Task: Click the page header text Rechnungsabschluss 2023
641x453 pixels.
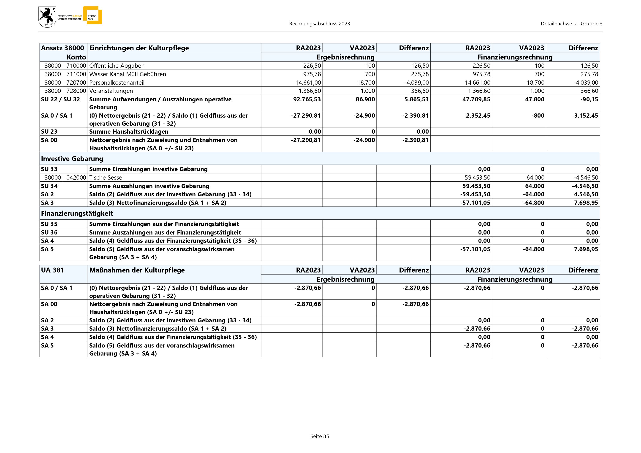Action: point(319,24)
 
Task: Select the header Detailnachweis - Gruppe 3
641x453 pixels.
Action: point(571,24)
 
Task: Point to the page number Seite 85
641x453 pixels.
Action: point(320,436)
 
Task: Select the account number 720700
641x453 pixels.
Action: point(76,83)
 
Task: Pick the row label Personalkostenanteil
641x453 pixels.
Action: point(117,83)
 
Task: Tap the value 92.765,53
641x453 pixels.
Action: point(307,100)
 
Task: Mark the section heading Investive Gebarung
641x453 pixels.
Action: point(72,159)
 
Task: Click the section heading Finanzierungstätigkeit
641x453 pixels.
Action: point(77,213)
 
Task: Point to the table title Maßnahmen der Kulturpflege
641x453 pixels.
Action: point(137,270)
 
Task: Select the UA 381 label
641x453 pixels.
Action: point(52,270)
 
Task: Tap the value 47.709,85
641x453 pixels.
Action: point(476,100)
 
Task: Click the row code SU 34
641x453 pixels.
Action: point(49,186)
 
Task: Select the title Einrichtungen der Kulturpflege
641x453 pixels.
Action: point(139,48)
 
